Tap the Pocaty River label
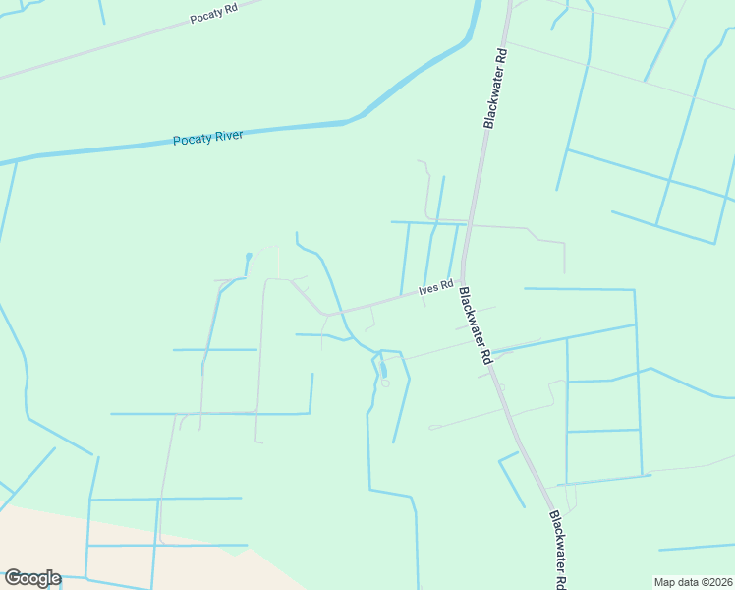tap(207, 138)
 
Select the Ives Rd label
tap(435, 288)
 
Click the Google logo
tap(32, 578)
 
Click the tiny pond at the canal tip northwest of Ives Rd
tap(249, 257)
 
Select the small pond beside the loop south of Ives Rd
tap(383, 371)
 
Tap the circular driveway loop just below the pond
tap(385, 383)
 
